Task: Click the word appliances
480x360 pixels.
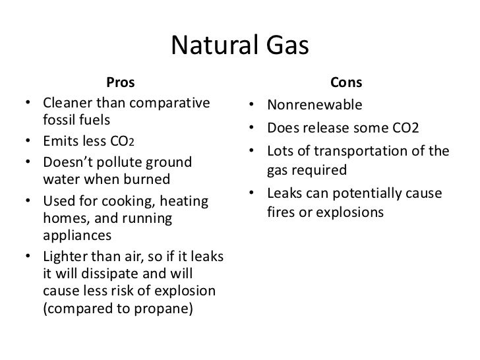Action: [76, 235]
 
